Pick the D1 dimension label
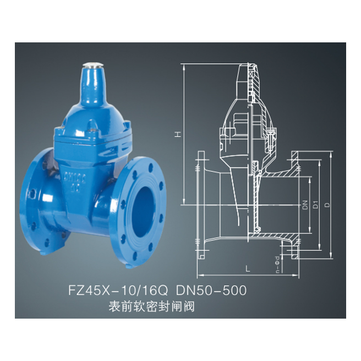point(315,205)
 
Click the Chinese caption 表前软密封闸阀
point(153,306)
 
